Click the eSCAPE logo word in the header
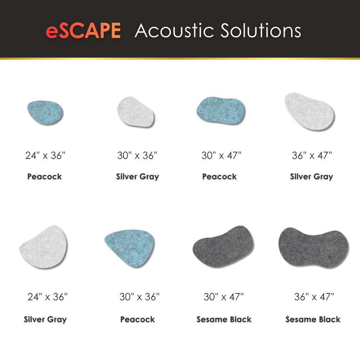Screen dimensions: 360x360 tap(83, 30)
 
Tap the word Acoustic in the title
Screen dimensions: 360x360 tap(174, 30)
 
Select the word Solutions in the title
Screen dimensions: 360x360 tap(261, 30)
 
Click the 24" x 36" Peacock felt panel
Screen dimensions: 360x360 tap(45, 112)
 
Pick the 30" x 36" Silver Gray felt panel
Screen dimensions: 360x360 tap(136, 112)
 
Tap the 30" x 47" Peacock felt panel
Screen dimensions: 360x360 tap(221, 111)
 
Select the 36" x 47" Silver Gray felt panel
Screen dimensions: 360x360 tap(310, 111)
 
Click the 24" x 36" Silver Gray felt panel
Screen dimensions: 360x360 tap(44, 247)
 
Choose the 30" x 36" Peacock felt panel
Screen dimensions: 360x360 tap(130, 248)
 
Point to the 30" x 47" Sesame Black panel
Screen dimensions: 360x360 tap(224, 246)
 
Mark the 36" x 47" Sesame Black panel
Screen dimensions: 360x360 tap(314, 247)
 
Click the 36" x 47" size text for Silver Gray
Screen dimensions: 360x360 tap(311, 156)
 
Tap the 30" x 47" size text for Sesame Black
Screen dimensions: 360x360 tap(224, 297)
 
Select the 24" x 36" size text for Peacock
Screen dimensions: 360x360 tap(45, 156)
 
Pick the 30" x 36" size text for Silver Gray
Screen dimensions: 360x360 tap(137, 156)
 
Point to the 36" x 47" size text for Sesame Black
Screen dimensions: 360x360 tap(314, 297)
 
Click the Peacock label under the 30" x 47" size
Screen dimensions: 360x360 tap(219, 176)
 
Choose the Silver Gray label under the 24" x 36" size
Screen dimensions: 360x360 tap(45, 320)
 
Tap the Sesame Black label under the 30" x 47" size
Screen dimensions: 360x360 tap(224, 319)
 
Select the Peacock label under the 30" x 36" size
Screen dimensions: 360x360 tap(138, 319)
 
